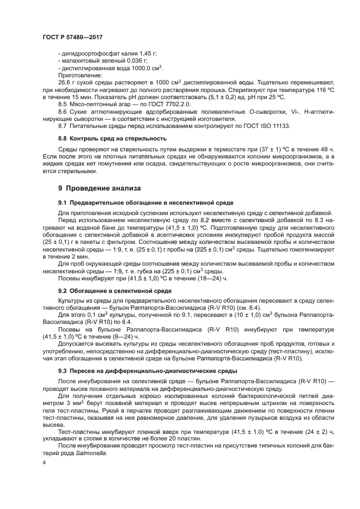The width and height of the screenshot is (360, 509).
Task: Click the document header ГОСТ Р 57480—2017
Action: (72, 37)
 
